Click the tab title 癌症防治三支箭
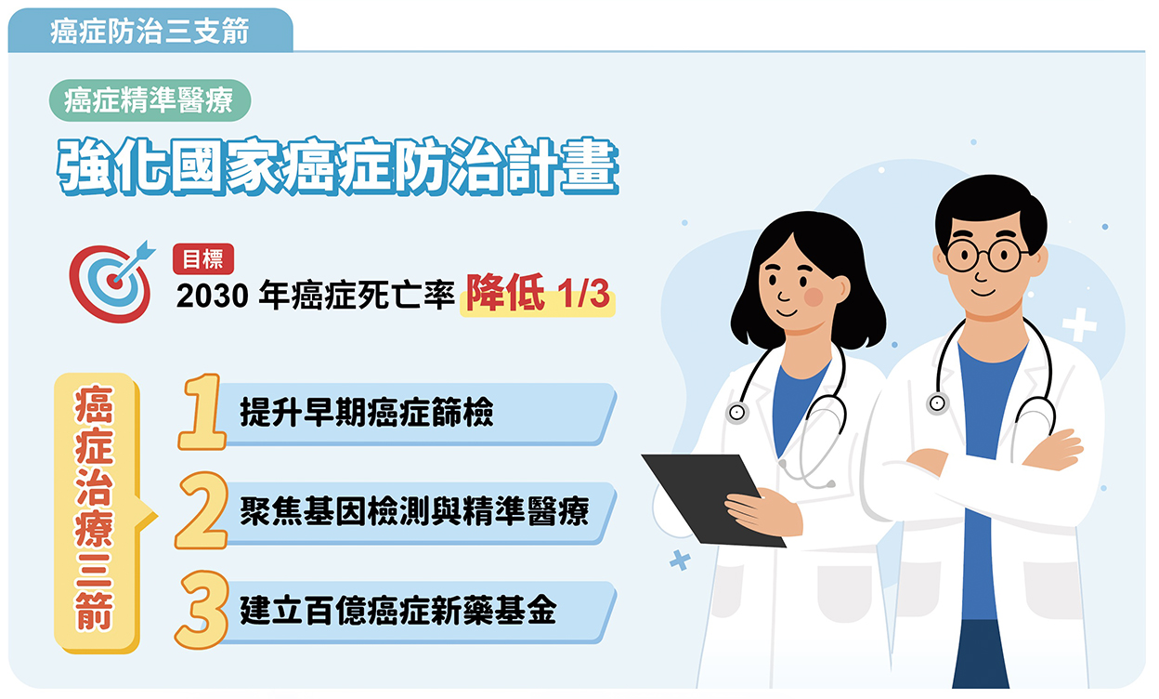150,32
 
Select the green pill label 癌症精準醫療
150,100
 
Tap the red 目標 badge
203,259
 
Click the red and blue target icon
112,283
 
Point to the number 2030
212,297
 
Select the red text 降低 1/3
538,294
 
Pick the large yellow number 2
202,510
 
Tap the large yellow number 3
202,610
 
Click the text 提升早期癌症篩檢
367,413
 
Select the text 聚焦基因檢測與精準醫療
414,511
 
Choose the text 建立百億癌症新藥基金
398,611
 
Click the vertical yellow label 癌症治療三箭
95,508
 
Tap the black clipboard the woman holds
713,500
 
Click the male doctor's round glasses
986,256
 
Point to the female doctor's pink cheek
814,297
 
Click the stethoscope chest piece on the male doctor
937,403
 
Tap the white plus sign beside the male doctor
1079,325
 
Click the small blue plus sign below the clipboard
680,561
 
